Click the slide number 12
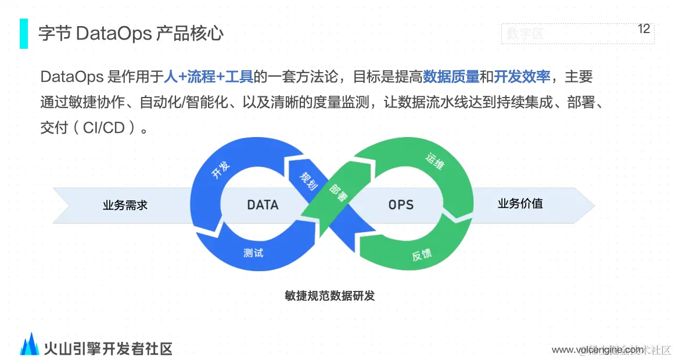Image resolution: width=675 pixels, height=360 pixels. pyautogui.click(x=644, y=29)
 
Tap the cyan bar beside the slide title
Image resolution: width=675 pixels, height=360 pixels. pyautogui.click(x=24, y=33)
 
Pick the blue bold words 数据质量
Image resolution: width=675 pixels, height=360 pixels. pyautogui.click(x=451, y=77)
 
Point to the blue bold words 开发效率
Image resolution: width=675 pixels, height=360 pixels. pyautogui.click(x=522, y=77)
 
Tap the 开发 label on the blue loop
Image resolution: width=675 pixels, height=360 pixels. pyautogui.click(x=221, y=170)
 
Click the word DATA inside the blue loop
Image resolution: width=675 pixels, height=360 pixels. pyautogui.click(x=263, y=205)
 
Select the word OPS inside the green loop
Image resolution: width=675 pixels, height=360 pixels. pyautogui.click(x=401, y=205)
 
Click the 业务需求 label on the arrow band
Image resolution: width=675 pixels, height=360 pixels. pyautogui.click(x=125, y=205)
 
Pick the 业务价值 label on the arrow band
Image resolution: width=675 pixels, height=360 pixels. pyautogui.click(x=520, y=204)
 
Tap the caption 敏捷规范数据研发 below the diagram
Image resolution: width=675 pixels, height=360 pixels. pyautogui.click(x=330, y=296)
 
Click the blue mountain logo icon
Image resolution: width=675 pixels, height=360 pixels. pyautogui.click(x=30, y=344)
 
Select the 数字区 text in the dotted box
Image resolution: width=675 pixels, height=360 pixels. pyautogui.click(x=525, y=34)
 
